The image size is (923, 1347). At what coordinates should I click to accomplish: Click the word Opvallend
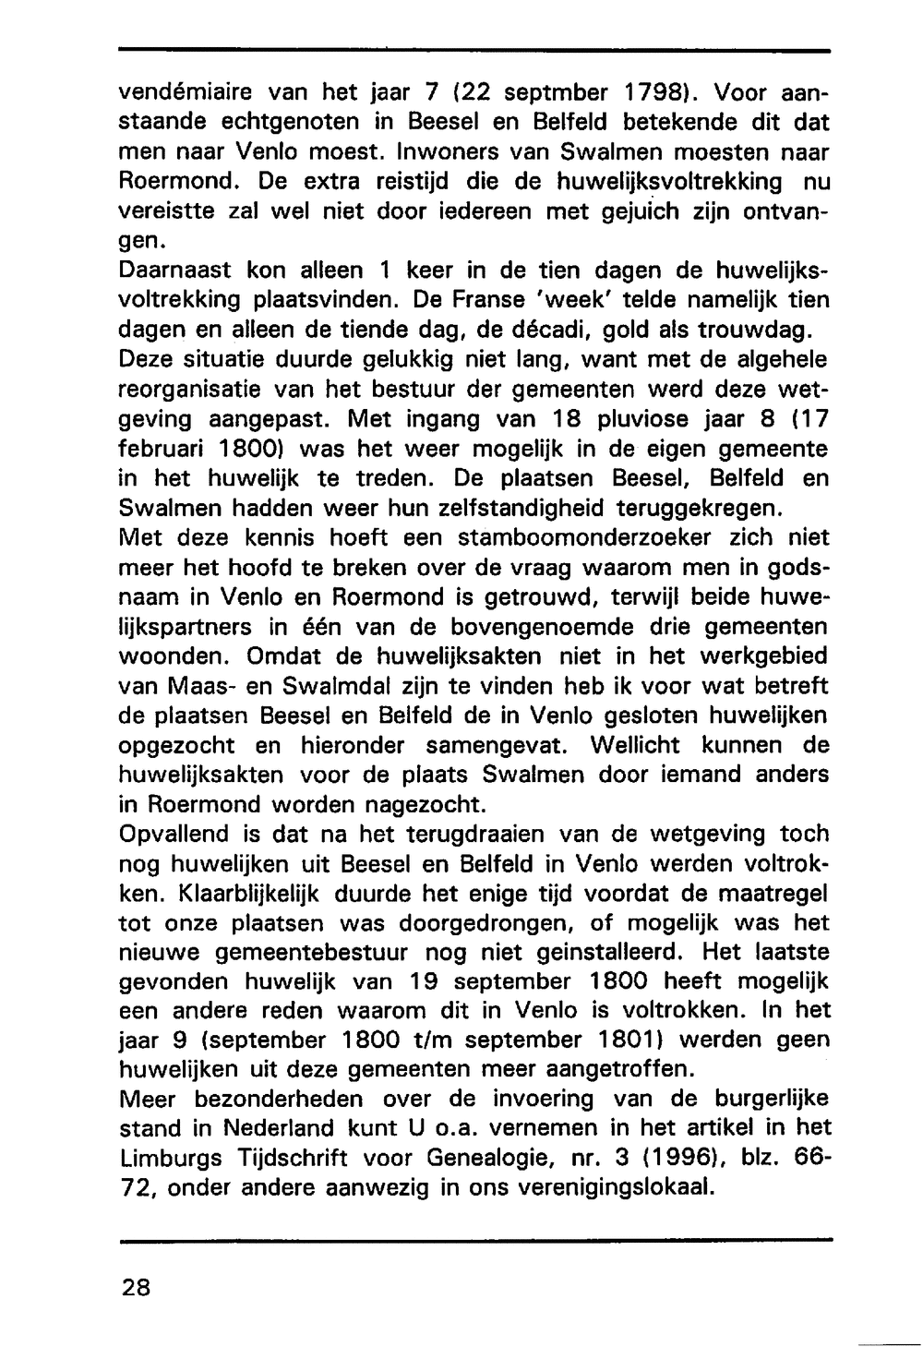tap(175, 834)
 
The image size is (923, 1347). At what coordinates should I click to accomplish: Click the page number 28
tap(135, 1288)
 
